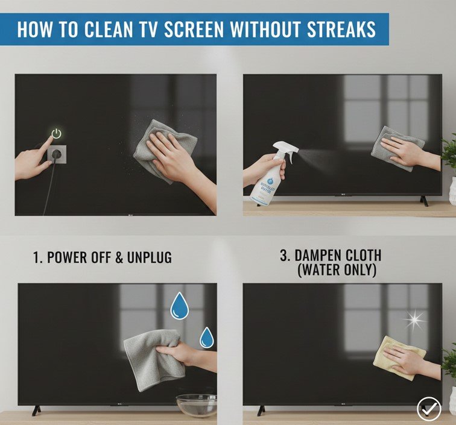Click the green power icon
[56, 134]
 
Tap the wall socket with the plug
[56, 154]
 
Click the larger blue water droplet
[179, 306]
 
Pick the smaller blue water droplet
[207, 338]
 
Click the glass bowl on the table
[196, 405]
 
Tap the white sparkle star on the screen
[414, 320]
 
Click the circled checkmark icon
[429, 409]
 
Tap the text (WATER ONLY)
[337, 271]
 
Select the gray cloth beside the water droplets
[148, 358]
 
